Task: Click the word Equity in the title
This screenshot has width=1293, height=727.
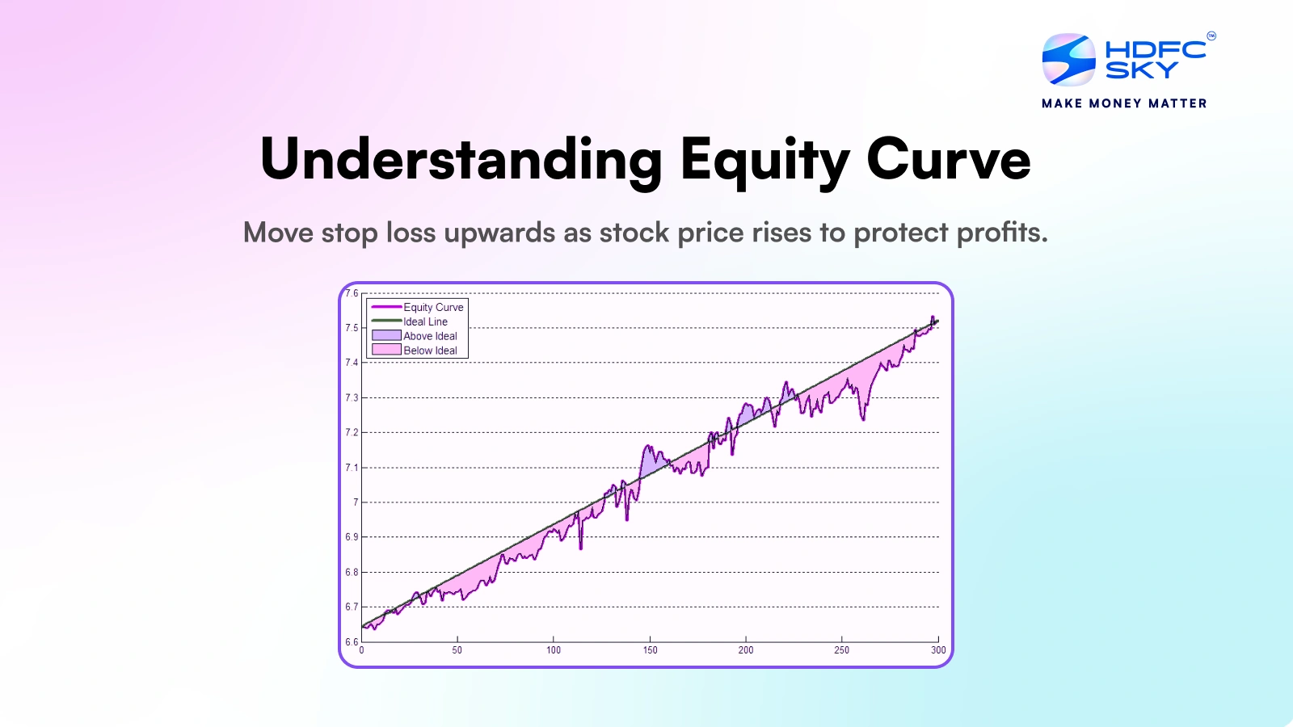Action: click(x=764, y=160)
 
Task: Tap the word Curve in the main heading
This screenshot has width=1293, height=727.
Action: click(x=948, y=160)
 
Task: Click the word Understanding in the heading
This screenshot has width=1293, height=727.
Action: click(x=461, y=160)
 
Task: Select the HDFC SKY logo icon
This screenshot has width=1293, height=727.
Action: click(x=1068, y=60)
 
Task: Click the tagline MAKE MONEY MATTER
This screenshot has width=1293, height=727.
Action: click(x=1124, y=103)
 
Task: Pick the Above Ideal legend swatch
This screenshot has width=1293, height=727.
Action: click(x=386, y=335)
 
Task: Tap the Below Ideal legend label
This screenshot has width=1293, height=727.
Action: click(x=430, y=351)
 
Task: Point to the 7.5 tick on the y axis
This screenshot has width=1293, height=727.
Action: click(x=352, y=328)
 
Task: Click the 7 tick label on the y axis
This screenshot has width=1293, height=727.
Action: click(x=356, y=502)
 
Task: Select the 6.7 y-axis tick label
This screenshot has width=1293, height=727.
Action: click(x=352, y=607)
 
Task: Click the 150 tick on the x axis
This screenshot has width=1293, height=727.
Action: click(x=650, y=649)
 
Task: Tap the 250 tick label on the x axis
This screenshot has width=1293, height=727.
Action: click(x=841, y=649)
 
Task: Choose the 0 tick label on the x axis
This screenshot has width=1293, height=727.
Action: click(x=361, y=649)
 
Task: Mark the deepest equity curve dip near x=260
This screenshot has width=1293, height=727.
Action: click(x=863, y=418)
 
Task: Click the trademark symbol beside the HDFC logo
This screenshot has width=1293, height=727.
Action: click(x=1211, y=36)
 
